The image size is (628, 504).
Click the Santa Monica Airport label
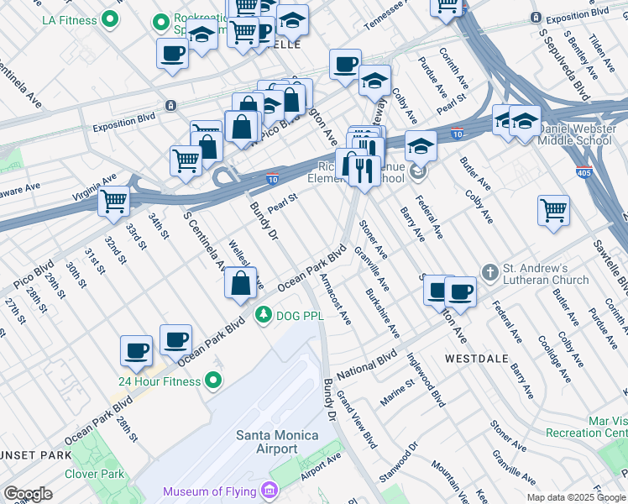point(277,442)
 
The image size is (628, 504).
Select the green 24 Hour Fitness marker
point(213,381)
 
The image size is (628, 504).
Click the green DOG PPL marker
point(264,315)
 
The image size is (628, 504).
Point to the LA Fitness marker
point(109,18)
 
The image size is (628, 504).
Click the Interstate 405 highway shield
point(584,171)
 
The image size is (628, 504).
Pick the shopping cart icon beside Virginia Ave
point(113,202)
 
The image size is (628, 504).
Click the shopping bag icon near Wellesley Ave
point(241,284)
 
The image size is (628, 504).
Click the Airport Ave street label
point(321,467)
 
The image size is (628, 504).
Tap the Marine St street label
point(397,392)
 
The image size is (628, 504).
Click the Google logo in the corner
point(28,494)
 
